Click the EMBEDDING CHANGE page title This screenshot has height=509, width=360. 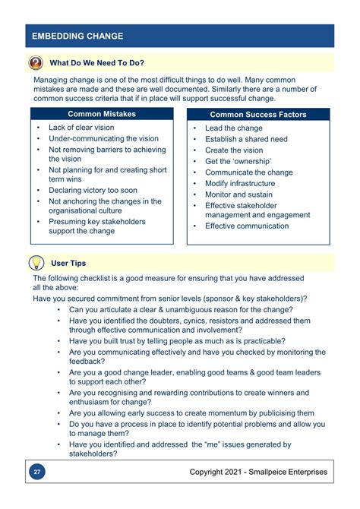(x=77, y=36)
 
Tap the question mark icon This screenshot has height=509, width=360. (x=36, y=62)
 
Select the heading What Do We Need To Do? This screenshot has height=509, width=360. (x=96, y=62)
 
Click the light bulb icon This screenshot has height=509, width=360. (x=36, y=263)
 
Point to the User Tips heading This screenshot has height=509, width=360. (x=68, y=263)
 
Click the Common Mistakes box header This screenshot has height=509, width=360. (x=102, y=114)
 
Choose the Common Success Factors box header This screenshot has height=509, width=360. (x=258, y=115)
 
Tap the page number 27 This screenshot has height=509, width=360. (x=36, y=472)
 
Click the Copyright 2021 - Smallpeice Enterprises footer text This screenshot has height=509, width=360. (x=258, y=472)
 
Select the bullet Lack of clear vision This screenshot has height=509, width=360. (x=81, y=128)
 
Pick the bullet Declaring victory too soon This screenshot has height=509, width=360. (x=93, y=190)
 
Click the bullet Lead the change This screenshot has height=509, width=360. (x=233, y=128)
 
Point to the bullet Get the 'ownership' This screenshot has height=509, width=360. (x=238, y=161)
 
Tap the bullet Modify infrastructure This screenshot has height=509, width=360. (x=239, y=183)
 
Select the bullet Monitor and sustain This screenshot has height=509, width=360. (x=239, y=194)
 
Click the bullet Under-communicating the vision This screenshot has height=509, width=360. (x=103, y=139)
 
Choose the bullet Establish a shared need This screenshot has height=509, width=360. (x=246, y=139)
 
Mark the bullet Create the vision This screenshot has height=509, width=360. (x=234, y=150)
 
